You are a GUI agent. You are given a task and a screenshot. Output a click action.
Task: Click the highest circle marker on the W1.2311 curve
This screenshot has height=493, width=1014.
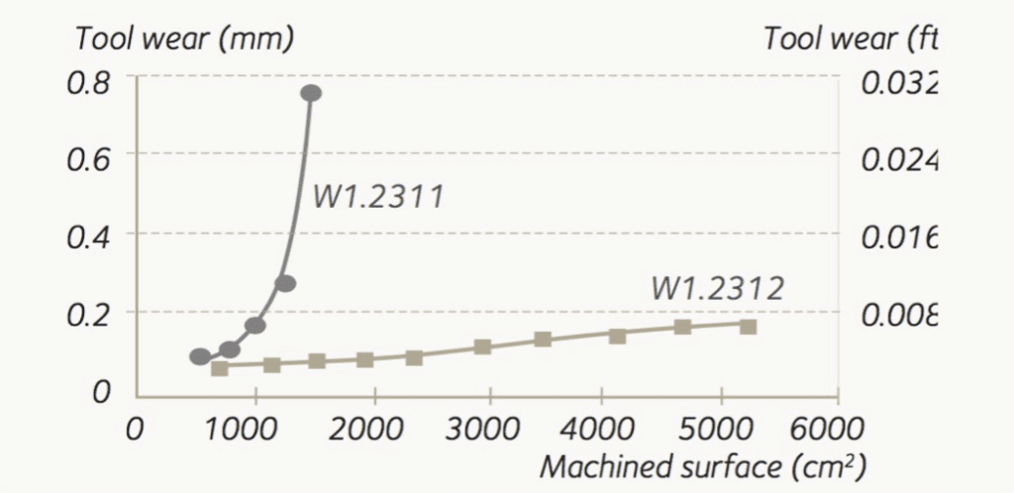pos(311,93)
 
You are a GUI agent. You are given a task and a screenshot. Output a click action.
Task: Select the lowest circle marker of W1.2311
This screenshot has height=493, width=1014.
pos(200,356)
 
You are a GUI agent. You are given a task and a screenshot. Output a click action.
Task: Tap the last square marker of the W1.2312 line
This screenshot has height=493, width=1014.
pos(749,327)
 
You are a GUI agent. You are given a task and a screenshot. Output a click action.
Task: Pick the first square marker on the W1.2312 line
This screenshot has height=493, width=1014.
pos(220,368)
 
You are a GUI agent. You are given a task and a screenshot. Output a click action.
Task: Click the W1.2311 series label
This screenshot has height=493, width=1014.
pos(377,197)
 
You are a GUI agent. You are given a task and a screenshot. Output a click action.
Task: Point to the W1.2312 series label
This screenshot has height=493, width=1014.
pos(718,288)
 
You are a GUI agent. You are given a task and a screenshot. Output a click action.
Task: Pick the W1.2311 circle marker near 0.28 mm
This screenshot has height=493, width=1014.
pos(285,283)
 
